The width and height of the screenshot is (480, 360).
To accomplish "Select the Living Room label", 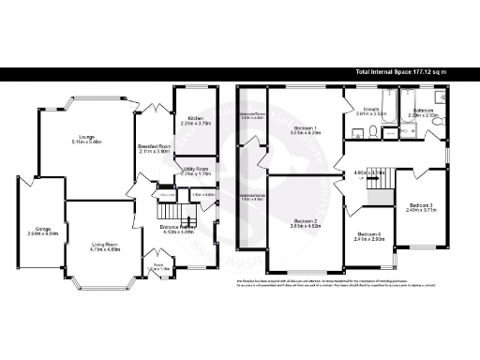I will tap(97, 219).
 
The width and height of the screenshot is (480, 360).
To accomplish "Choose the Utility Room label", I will tap(193, 169).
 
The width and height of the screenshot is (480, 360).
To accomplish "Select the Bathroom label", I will tap(423, 110).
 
